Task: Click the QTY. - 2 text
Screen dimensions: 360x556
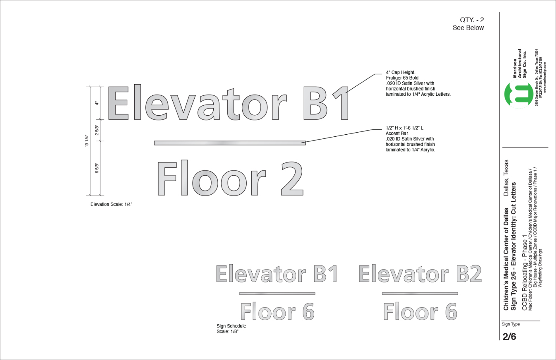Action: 472,20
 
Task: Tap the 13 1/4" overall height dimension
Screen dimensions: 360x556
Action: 87,141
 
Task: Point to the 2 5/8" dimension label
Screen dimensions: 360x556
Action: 97,130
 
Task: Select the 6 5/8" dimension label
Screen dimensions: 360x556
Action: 97,168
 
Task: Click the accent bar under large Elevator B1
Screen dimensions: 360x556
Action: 230,143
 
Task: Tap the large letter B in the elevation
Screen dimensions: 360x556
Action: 316,103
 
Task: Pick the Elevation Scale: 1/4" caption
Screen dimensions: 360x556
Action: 111,204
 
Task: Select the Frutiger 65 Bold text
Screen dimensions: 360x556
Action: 402,78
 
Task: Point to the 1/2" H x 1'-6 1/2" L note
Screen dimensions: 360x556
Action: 404,128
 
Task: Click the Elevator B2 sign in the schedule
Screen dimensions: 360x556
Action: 420,274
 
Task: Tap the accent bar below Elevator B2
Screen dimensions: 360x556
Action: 420,294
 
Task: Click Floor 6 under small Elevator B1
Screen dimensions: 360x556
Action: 277,312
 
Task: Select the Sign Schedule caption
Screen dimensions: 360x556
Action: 231,326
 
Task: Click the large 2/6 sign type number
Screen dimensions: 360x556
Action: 509,337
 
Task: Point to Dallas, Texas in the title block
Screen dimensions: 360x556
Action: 506,178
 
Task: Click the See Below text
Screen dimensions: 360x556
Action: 468,28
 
